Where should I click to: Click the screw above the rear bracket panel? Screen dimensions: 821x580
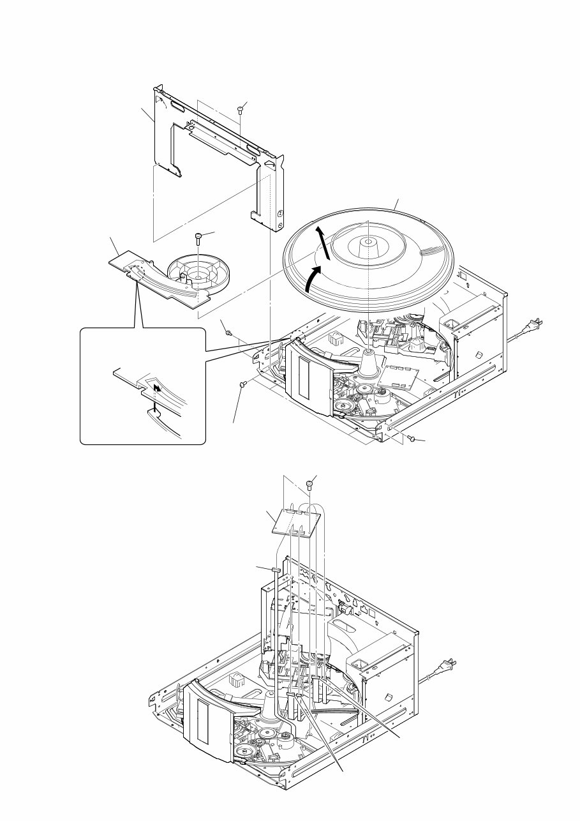(x=240, y=110)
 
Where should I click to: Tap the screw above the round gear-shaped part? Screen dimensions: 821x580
(x=200, y=237)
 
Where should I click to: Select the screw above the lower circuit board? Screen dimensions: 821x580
(x=311, y=484)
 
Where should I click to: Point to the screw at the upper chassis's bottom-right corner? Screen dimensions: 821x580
(x=412, y=439)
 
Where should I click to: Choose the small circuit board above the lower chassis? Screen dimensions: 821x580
(x=295, y=522)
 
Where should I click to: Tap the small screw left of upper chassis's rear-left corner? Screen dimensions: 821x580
(x=228, y=331)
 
